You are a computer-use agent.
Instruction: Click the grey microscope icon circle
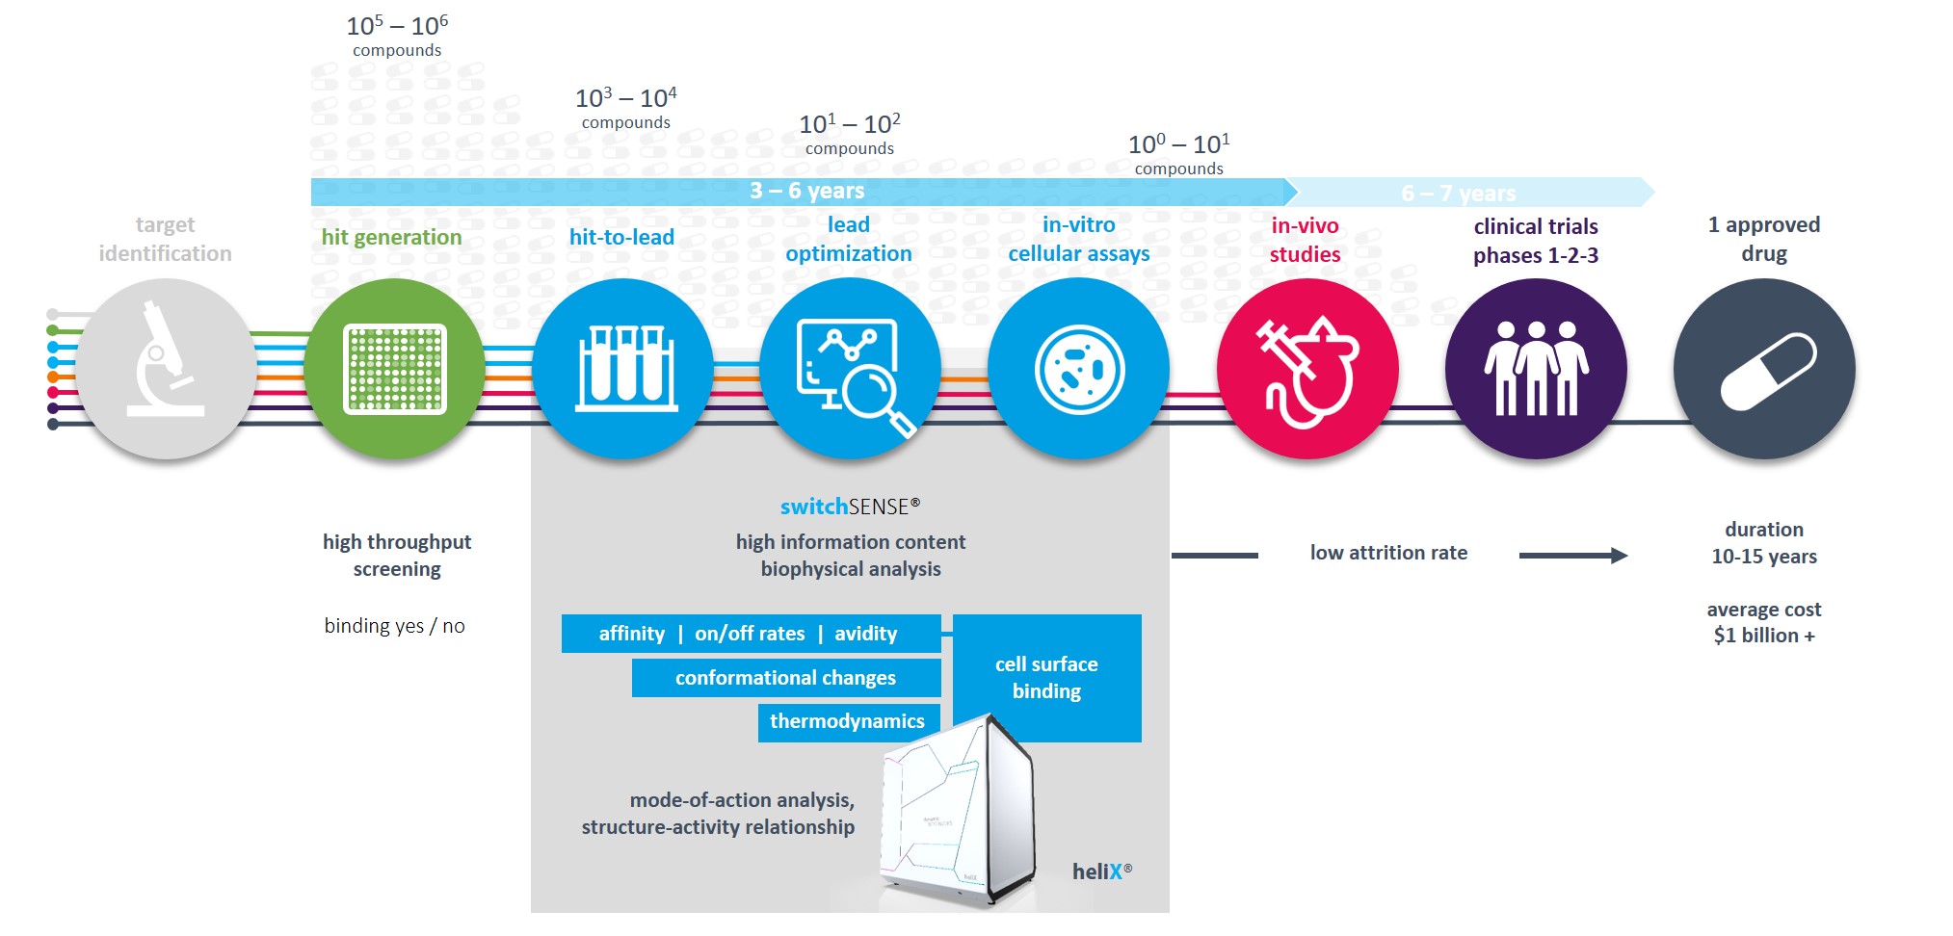166,369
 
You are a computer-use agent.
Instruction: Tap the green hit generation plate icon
394,369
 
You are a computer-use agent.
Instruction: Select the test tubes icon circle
623,369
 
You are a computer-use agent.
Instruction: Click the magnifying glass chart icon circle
851,369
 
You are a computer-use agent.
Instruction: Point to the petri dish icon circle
1079,369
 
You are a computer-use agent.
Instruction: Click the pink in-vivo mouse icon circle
1307,369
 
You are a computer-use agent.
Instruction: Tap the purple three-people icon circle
1536,369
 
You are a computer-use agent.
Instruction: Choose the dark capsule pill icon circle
1764,369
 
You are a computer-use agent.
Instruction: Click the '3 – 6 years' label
807,191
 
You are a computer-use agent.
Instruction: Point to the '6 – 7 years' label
1459,194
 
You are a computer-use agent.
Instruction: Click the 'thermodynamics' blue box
849,722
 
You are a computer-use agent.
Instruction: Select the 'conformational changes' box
786,678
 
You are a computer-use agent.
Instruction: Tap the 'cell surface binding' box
1047,678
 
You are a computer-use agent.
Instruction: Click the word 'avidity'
866,634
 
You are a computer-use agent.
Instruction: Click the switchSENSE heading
851,507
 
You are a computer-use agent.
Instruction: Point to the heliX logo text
1102,871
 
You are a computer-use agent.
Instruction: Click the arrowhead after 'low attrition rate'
1620,556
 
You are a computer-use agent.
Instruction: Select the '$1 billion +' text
1764,636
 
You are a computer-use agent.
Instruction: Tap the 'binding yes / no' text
395,626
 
